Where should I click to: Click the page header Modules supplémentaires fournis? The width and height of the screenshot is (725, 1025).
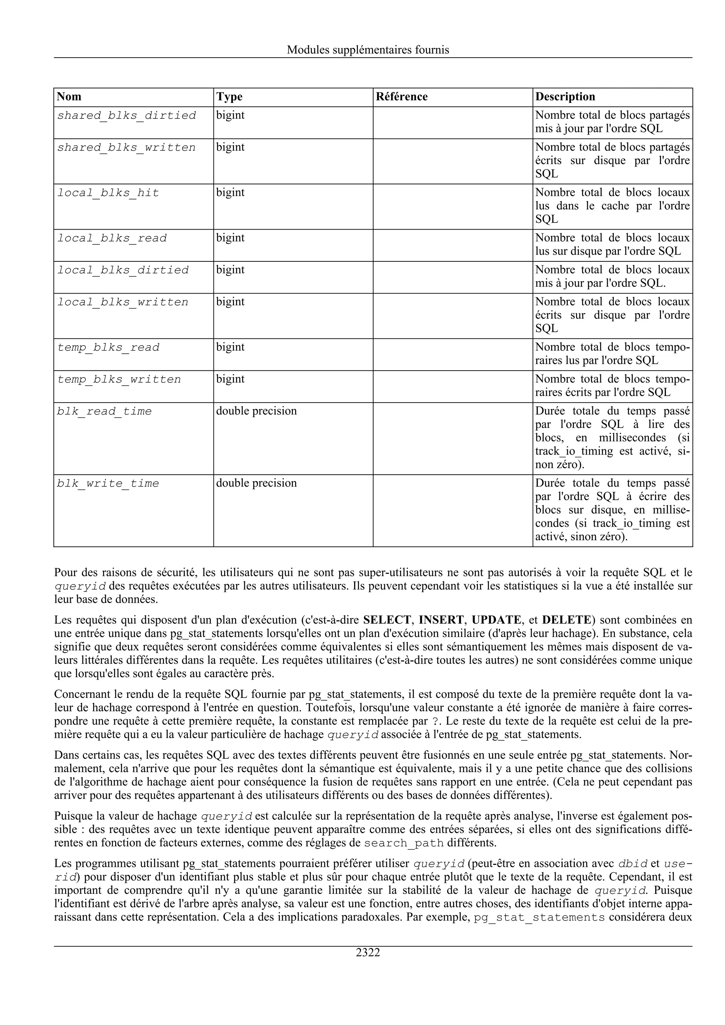368,50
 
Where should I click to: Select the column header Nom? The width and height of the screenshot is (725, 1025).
69,97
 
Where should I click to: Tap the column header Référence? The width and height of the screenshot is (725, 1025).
401,97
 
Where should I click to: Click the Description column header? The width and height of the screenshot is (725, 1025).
565,97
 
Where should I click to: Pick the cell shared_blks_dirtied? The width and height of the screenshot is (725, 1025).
126,116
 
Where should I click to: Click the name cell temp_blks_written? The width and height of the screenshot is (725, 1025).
119,380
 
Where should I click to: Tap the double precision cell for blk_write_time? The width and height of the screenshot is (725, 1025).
256,483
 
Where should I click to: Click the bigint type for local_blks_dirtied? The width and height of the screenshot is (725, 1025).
230,270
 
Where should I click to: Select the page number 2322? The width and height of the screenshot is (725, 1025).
368,953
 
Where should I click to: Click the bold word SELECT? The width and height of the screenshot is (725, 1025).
387,620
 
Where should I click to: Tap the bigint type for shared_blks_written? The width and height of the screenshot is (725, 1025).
230,147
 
